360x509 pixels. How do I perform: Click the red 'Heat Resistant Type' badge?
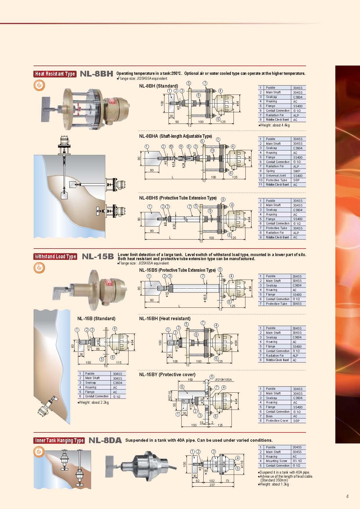pos(55,74)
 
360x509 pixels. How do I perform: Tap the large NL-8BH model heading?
pos(96,74)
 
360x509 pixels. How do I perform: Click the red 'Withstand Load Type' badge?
pos(55,257)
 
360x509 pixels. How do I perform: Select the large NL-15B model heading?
pos(98,257)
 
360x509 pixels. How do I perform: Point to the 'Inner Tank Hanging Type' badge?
pos(59,441)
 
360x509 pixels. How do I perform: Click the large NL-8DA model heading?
pos(105,441)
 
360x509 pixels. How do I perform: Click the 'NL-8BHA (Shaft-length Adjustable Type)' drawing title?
pos(176,136)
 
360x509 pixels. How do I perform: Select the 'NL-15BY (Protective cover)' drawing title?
pos(167,374)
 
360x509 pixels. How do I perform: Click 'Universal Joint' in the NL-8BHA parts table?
pos(276,175)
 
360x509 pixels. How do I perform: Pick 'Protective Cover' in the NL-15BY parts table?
pos(277,421)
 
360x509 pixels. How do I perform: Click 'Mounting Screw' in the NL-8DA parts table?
pos(276,461)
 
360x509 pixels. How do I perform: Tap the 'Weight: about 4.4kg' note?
pos(274,125)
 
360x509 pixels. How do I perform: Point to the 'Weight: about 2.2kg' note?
pos(93,402)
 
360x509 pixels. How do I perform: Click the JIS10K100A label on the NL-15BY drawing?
pos(223,380)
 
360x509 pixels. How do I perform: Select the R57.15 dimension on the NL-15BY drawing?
pos(170,395)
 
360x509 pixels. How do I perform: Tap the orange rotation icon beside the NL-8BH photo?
pos(40,85)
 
